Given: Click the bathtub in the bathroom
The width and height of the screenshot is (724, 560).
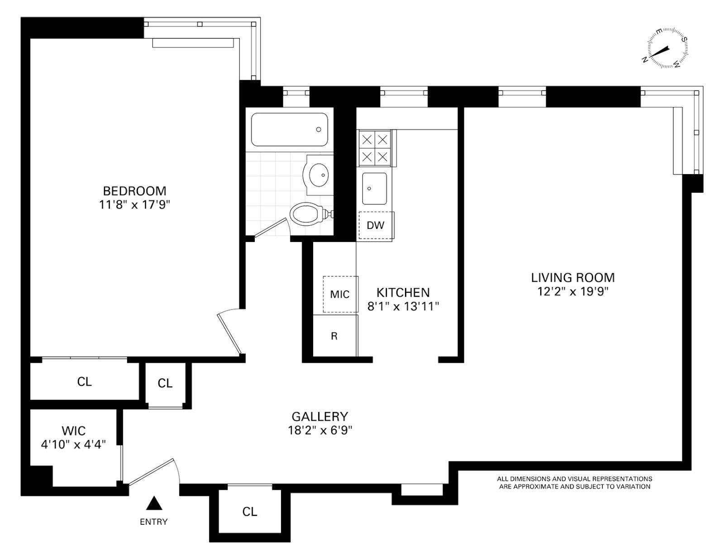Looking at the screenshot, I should [290, 129].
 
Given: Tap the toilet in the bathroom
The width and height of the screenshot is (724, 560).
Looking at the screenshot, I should [308, 214].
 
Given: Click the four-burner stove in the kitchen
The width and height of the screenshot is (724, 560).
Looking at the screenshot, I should [375, 147].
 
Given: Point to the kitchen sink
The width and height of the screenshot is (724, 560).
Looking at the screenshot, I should [374, 188].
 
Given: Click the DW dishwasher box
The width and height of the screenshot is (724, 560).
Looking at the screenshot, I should [375, 225].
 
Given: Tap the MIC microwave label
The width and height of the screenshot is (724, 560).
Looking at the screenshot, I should [340, 294].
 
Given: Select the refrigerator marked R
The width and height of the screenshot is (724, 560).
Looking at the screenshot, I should [334, 336].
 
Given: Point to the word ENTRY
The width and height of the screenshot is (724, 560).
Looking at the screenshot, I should [153, 522].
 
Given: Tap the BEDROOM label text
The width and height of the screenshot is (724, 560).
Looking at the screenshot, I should [134, 190].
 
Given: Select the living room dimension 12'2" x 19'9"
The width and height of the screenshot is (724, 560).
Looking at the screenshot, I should [572, 291].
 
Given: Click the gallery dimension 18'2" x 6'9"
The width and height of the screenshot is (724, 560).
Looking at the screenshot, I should [320, 430].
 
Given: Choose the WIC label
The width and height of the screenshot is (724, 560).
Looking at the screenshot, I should [73, 430].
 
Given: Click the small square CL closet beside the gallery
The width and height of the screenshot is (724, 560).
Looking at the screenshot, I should [165, 384].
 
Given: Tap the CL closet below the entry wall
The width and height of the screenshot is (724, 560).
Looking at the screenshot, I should [250, 512].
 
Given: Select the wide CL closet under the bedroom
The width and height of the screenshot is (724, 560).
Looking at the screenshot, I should [84, 381].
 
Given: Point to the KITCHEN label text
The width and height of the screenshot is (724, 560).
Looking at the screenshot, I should [403, 292].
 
